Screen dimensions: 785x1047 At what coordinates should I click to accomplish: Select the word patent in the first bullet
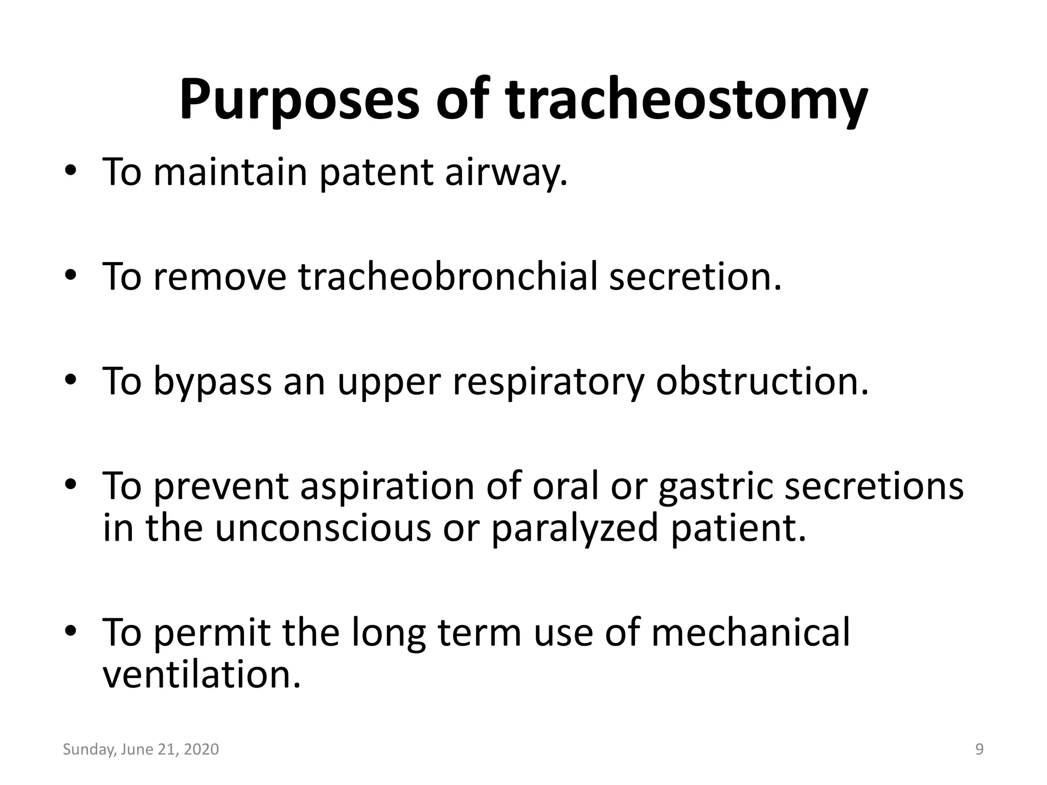376,172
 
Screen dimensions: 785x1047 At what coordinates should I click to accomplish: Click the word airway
506,172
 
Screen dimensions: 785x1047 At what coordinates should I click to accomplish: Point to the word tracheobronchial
448,277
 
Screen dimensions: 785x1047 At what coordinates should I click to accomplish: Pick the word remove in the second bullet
220,277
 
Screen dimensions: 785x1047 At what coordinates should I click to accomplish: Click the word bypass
213,382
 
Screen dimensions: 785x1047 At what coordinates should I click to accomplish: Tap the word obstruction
762,382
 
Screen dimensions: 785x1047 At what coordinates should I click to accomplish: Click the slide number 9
979,749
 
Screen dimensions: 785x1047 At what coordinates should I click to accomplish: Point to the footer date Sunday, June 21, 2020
141,749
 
